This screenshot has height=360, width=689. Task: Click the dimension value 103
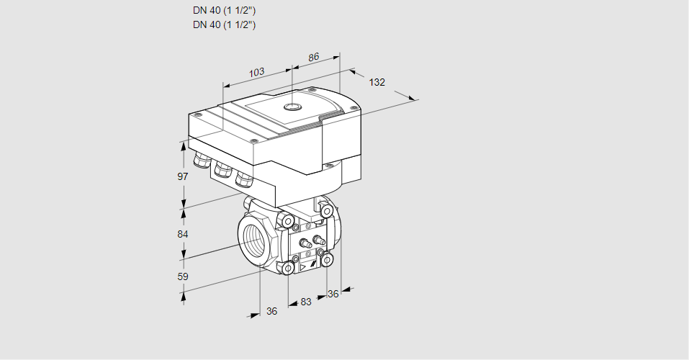click(256, 72)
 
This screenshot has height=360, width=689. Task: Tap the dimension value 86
click(313, 57)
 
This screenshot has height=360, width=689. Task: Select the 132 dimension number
click(377, 82)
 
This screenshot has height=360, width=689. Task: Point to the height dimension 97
click(182, 176)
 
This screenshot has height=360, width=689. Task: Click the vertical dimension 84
click(182, 234)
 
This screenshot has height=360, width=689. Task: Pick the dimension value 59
click(182, 276)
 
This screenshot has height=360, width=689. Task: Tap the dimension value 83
click(306, 302)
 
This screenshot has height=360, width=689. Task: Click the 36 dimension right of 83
click(333, 294)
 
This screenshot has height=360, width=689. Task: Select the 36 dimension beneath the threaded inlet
click(271, 311)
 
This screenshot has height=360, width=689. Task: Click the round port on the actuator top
click(292, 107)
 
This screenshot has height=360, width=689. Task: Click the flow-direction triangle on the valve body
click(303, 266)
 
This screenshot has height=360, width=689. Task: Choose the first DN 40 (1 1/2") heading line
click(224, 11)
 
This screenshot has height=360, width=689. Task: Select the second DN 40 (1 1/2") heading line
click(224, 24)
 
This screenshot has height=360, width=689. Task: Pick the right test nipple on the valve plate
click(318, 240)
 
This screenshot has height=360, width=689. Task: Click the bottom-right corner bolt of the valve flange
click(327, 261)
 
